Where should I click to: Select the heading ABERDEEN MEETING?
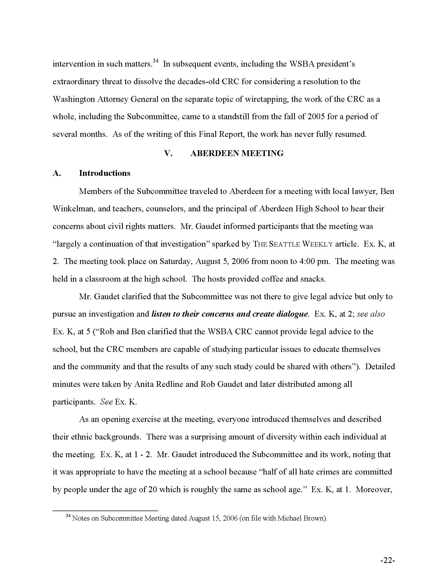click(x=237, y=153)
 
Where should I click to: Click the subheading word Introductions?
click(x=105, y=173)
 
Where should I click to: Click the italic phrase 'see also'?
click(x=371, y=314)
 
